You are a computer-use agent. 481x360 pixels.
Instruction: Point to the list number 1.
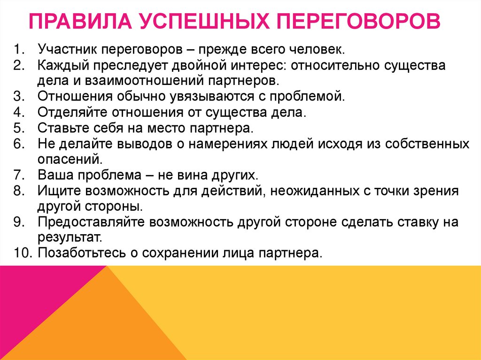pyautogui.click(x=18, y=49)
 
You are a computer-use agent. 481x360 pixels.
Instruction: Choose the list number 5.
pyautogui.click(x=18, y=128)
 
